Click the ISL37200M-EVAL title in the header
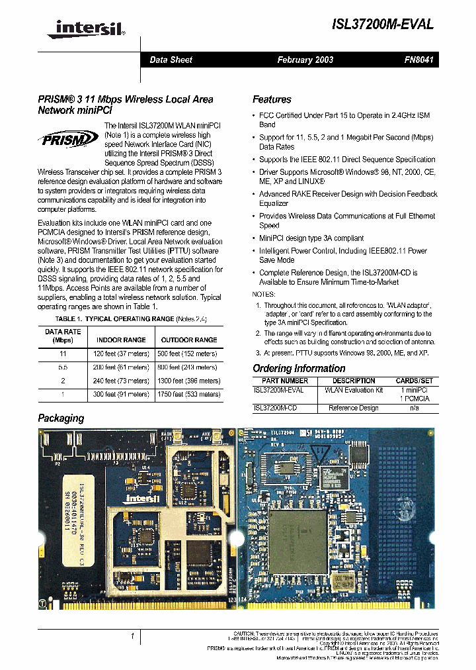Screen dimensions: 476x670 pos(383,24)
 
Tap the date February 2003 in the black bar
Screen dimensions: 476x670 pos(305,60)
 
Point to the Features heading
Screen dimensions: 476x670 pos(272,99)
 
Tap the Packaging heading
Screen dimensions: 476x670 pos(61,418)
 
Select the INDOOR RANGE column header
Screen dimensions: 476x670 pos(122,340)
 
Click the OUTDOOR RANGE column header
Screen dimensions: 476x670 pos(189,340)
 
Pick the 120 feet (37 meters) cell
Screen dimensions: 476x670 pos(122,354)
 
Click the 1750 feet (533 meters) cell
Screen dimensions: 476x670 pos(189,394)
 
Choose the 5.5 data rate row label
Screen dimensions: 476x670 pos(63,367)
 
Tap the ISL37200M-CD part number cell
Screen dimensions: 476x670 pos(275,408)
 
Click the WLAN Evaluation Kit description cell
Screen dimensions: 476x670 pos(354,390)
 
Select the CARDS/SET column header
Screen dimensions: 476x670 pos(415,381)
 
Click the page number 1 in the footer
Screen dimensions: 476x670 pos(132,636)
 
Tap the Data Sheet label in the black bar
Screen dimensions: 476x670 pos(171,60)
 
